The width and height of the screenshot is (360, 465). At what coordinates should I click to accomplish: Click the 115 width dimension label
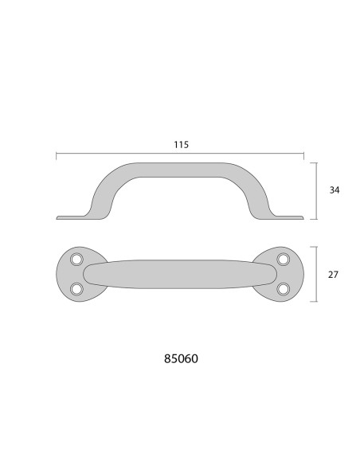(180, 145)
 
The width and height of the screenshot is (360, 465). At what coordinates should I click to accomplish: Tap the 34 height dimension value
(335, 191)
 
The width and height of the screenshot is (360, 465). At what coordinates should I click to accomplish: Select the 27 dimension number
(335, 275)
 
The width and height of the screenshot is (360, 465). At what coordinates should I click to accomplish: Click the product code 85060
(180, 358)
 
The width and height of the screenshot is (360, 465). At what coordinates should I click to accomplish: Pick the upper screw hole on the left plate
(77, 260)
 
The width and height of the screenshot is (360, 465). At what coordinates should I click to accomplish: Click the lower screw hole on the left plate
(77, 288)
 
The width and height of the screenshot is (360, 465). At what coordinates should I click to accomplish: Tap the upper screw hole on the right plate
(283, 260)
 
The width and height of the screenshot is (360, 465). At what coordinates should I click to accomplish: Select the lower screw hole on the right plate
(283, 288)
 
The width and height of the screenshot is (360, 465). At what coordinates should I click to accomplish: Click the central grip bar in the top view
(180, 274)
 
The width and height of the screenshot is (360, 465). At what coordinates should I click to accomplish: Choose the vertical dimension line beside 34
(318, 191)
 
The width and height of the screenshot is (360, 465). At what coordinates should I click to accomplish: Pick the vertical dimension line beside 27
(318, 275)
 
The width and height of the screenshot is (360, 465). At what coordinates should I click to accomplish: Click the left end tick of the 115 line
(57, 156)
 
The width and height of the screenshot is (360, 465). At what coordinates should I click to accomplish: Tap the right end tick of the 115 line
(303, 156)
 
